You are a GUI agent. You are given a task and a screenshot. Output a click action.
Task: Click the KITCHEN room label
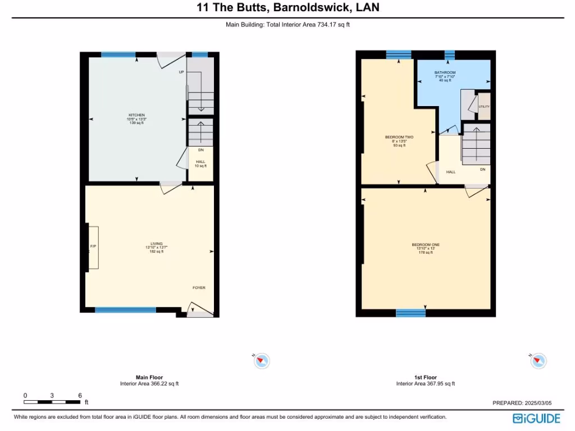(136, 115)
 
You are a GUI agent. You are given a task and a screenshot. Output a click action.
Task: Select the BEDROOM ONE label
(426, 245)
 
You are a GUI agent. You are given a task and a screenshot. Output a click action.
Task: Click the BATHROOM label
(445, 73)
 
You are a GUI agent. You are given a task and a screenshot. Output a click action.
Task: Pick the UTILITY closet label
(483, 107)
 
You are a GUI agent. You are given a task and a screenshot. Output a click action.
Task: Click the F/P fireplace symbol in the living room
(92, 247)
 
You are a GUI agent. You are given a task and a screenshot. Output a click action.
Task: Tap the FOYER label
(199, 288)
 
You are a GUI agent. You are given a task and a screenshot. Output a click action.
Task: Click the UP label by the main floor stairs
(181, 72)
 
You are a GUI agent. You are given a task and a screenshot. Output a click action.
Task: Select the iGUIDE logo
(536, 419)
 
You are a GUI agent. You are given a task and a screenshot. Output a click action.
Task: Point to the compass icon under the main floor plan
(262, 361)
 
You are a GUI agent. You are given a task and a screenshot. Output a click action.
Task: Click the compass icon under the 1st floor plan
(538, 361)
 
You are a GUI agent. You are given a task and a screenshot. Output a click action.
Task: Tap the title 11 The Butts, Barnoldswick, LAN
(287, 8)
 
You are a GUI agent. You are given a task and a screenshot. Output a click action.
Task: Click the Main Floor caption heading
(149, 377)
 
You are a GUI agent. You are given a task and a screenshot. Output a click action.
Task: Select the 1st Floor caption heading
(425, 377)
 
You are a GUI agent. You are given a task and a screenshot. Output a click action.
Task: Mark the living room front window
(125, 310)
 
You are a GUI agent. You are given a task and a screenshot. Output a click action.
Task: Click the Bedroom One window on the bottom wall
(410, 313)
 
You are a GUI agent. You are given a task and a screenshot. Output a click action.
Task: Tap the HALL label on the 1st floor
(451, 172)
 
